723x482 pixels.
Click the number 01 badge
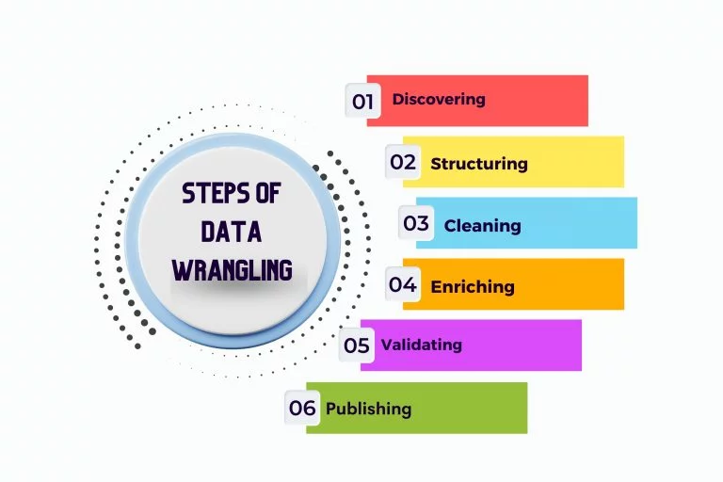[362, 101]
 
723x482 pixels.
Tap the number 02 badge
[403, 162]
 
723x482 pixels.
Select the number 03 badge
[416, 224]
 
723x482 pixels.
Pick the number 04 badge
[403, 284]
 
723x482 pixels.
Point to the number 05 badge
[357, 345]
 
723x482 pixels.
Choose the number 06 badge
[302, 408]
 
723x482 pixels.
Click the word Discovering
[439, 99]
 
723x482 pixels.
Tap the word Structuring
[479, 163]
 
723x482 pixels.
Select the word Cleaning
[482, 225]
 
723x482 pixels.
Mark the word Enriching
[473, 286]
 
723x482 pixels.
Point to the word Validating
[421, 345]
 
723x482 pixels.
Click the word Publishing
[368, 409]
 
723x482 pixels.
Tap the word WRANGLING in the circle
[232, 271]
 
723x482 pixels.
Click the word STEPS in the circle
[213, 195]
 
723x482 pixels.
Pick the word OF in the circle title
[266, 195]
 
